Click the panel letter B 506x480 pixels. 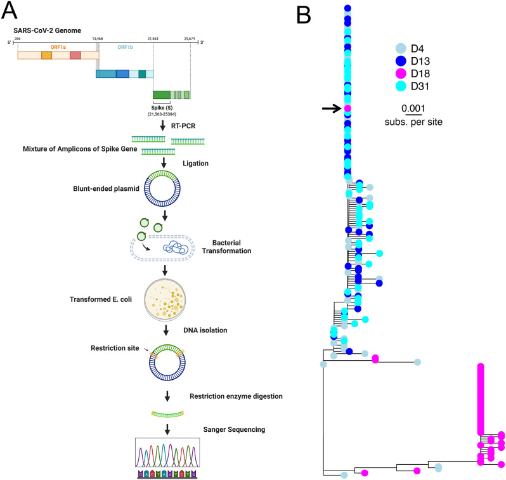[x=303, y=14]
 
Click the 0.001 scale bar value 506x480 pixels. [x=413, y=108]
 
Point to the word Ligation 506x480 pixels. [x=190, y=163]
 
